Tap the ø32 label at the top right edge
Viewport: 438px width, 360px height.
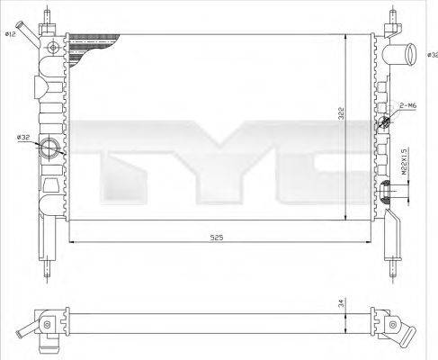(x=433, y=56)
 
